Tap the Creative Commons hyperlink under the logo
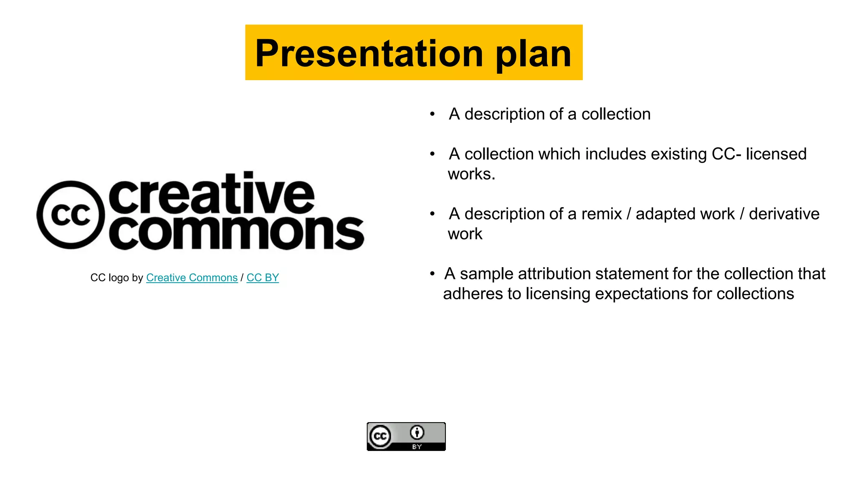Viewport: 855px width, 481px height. (192, 278)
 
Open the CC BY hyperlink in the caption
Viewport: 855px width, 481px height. (263, 278)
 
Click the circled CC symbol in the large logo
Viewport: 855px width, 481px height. (71, 215)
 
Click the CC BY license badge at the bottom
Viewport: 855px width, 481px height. (406, 436)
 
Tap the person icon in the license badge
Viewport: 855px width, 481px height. (417, 433)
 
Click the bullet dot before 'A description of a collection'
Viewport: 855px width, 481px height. (433, 114)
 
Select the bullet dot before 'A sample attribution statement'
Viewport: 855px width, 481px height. (433, 274)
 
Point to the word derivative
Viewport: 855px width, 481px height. (784, 214)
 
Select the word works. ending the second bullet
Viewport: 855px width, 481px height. (471, 174)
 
